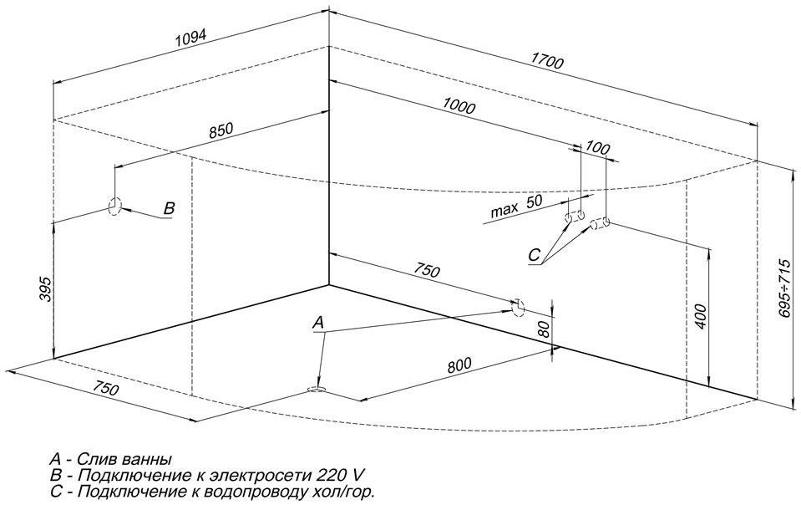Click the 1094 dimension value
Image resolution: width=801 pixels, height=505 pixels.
[x=190, y=38]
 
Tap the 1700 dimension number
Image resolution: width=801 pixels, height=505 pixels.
[x=547, y=61]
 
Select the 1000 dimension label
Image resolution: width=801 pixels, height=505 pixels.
[x=459, y=106]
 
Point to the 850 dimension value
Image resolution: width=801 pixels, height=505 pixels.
[x=221, y=130]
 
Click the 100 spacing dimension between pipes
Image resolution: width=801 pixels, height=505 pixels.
[x=597, y=148]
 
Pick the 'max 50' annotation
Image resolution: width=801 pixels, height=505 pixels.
[x=516, y=206]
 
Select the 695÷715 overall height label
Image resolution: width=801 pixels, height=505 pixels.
[x=786, y=288]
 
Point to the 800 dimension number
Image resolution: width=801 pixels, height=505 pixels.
[x=459, y=365]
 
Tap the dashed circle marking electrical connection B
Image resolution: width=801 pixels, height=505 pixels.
[x=115, y=207]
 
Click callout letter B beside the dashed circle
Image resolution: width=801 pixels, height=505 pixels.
[x=169, y=208]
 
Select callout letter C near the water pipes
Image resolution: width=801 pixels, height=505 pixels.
[x=534, y=255]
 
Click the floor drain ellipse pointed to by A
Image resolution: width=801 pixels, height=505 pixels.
[x=317, y=390]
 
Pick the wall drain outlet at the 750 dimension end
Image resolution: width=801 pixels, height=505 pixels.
[x=518, y=308]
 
